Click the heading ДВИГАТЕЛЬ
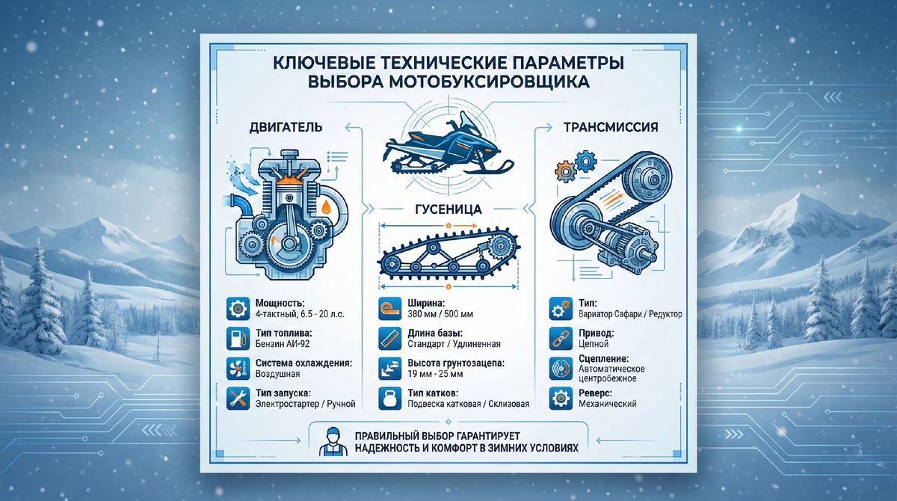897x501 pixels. coord(287,127)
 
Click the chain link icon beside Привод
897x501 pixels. coord(558,337)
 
